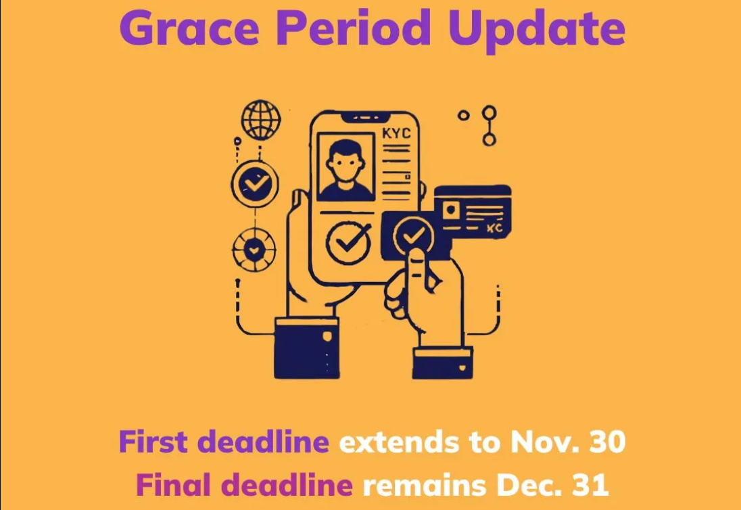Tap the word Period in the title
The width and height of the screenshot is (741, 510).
coord(353,28)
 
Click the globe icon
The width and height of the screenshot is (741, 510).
coord(261,120)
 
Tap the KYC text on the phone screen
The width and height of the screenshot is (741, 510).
coord(396,134)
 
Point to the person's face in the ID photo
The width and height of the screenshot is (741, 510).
coord(346,163)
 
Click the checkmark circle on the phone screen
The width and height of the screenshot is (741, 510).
coord(349,242)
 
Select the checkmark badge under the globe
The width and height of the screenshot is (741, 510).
coord(255,183)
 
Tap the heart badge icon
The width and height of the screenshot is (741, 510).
coord(254,250)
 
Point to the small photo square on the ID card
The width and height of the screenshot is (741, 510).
coord(451,210)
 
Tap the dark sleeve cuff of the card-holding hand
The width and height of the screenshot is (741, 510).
coord(442,363)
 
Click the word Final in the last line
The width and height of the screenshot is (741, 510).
coord(173,485)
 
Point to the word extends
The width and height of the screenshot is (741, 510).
coord(400,442)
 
